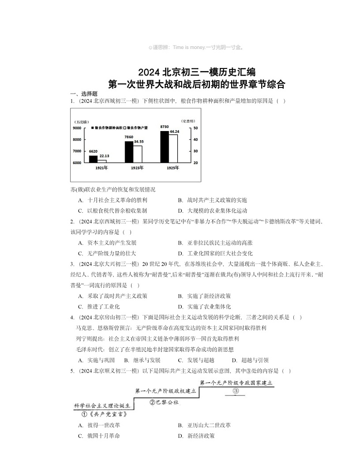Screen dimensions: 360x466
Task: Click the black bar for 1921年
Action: (93, 159)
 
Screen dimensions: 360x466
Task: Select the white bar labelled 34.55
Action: (138, 154)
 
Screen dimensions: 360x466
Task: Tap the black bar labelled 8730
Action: (164, 146)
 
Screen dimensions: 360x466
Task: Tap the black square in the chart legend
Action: (92, 128)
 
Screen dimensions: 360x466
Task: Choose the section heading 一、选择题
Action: (81, 93)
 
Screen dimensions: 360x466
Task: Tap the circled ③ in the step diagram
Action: (236, 391)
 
